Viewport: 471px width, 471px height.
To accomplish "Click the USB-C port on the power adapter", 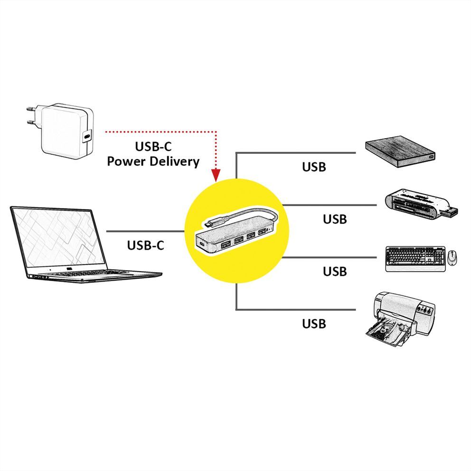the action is (x=87, y=137).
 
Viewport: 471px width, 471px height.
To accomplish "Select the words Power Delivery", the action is (x=153, y=161).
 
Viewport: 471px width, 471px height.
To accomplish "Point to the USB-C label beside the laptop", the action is (x=145, y=245).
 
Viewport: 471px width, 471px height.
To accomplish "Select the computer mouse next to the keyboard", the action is (x=452, y=258).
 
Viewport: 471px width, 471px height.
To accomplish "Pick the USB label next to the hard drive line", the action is (x=314, y=167).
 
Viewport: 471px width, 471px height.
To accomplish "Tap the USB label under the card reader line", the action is (x=335, y=219).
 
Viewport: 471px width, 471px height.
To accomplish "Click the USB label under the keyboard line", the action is (x=335, y=272).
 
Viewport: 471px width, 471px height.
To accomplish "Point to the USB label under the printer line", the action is (x=314, y=324).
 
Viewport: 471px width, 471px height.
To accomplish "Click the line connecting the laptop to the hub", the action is (x=145, y=231).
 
